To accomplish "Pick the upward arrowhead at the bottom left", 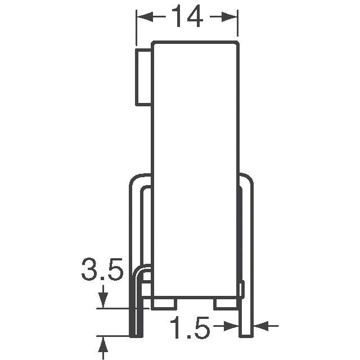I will [103, 344].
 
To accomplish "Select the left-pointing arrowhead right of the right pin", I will [260, 325].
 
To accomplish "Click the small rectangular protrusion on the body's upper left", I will [144, 77].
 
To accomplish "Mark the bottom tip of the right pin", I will [246, 335].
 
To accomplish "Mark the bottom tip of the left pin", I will [137, 335].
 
